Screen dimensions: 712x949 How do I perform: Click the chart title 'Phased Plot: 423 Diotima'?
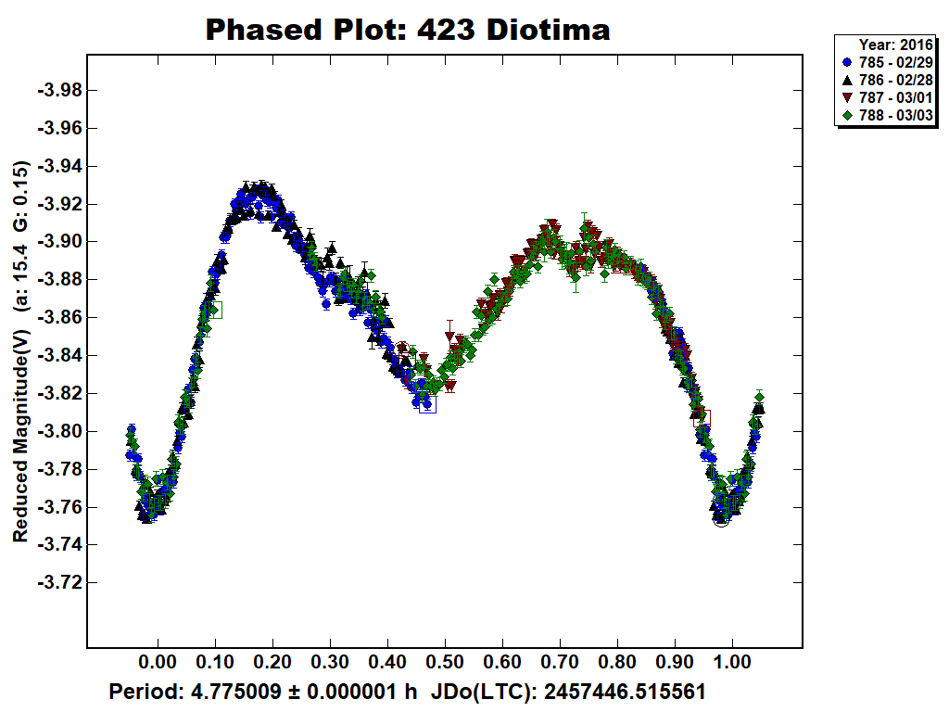click(x=408, y=30)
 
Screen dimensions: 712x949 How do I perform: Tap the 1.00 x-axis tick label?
click(x=732, y=664)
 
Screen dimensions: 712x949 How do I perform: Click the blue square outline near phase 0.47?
click(x=427, y=403)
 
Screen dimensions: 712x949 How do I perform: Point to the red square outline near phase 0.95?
click(x=702, y=418)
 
